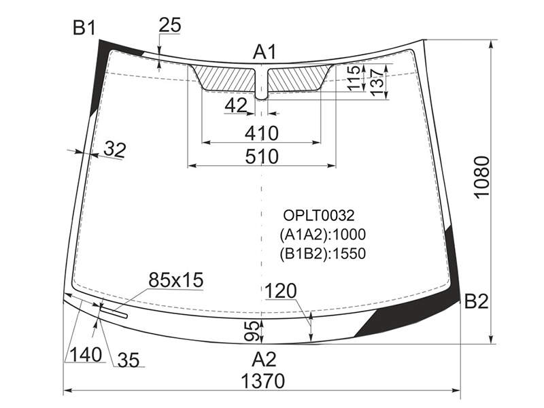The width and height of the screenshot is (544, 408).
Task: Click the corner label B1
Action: [x=84, y=28]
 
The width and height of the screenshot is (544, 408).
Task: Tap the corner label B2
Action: [x=476, y=301]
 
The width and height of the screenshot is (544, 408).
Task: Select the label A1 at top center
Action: [x=265, y=52]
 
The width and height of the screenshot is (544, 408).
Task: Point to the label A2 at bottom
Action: [x=264, y=360]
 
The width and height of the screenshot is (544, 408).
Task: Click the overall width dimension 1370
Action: [x=262, y=381]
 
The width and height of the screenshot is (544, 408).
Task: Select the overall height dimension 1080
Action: [x=481, y=177]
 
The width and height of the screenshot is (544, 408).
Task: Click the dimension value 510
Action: [x=262, y=156]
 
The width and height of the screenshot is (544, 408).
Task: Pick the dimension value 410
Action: [x=262, y=133]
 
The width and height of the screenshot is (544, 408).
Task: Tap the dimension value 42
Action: [x=236, y=105]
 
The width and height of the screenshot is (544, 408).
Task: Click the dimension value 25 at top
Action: [x=170, y=25]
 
